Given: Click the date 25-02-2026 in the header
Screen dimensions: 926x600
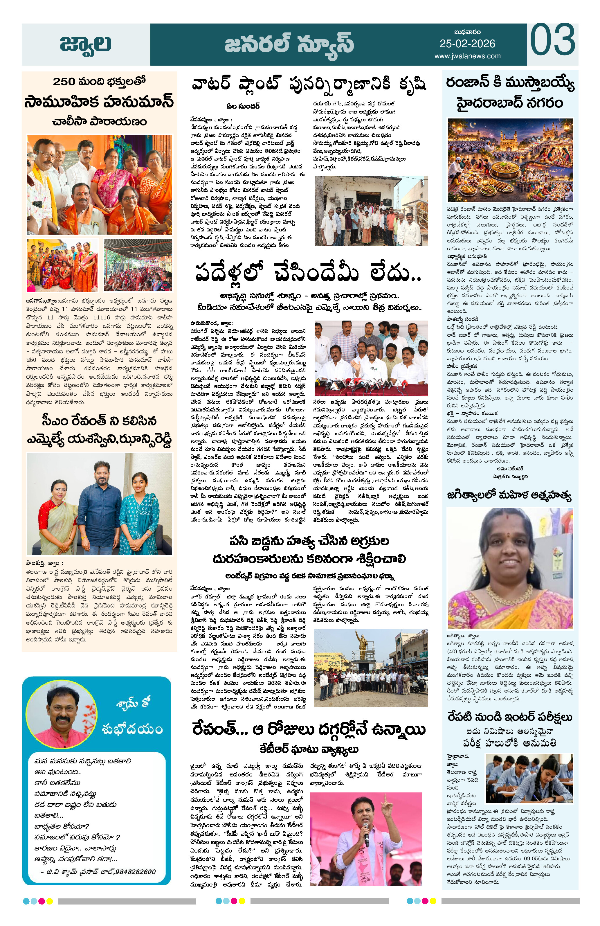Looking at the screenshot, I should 467,44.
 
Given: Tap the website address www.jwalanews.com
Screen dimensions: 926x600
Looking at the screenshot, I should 467,56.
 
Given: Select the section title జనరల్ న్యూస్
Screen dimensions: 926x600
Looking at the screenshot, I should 289,43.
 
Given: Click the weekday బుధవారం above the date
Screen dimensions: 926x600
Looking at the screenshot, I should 467,32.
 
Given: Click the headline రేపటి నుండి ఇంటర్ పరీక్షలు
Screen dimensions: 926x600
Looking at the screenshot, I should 510,716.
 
